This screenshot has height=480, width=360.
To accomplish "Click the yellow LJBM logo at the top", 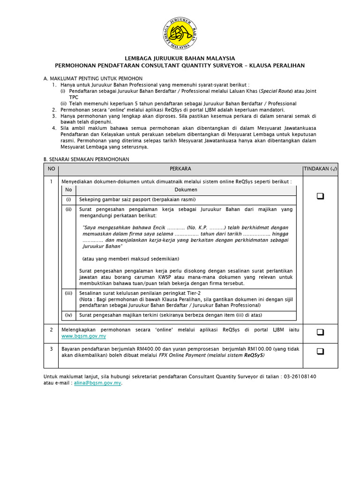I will point(180,33).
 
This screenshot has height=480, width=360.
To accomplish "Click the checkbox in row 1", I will point(320,196).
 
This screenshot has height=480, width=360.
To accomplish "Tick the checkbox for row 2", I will point(320,332).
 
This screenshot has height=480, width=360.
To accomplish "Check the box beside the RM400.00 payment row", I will point(320,351).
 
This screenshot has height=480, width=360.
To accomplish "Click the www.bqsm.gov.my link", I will point(84,336).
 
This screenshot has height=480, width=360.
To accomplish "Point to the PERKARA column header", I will point(180,169).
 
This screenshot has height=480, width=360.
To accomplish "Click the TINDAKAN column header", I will point(320,169).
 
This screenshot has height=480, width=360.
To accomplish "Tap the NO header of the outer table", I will point(51,169).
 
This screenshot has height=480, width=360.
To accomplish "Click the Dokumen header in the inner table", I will point(186,190).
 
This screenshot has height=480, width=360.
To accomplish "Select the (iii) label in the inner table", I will point(69,292).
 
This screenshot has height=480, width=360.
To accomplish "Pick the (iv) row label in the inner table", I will point(69,315).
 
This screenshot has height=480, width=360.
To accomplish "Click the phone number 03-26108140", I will point(300,376).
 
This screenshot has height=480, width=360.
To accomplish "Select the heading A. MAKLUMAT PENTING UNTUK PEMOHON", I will point(93,78).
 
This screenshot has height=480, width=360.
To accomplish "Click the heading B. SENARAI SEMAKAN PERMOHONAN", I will point(86,159).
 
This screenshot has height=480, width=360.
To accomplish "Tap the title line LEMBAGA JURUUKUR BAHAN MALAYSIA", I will point(180,58).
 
